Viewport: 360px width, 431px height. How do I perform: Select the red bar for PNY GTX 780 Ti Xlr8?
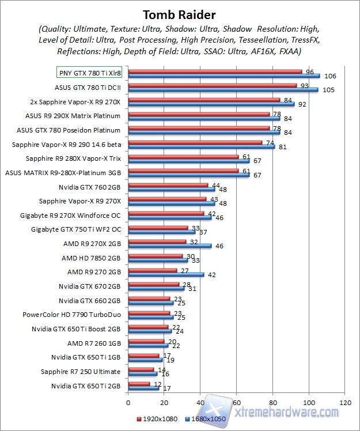(x=215, y=71)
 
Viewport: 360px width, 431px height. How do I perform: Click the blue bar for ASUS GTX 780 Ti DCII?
(x=223, y=89)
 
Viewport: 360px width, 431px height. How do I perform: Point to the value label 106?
(x=330, y=76)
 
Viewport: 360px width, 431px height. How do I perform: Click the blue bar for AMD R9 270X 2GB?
(x=170, y=245)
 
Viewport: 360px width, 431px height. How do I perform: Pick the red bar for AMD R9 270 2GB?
(x=153, y=270)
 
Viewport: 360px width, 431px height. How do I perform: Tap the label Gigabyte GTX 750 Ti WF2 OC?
(x=76, y=229)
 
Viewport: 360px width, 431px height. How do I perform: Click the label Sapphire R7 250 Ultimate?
(x=81, y=372)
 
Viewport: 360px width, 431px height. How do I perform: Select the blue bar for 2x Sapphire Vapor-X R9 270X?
(x=211, y=104)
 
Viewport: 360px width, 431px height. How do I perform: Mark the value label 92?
(x=302, y=104)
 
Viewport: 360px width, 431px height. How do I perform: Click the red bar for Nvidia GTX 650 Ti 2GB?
(x=139, y=383)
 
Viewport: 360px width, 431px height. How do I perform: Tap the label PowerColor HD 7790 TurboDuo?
(x=72, y=315)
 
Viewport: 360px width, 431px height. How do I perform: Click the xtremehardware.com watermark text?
(x=287, y=413)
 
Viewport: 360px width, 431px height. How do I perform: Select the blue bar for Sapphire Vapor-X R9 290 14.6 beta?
(x=202, y=146)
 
